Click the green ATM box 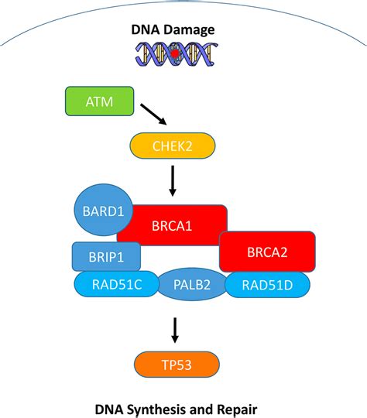point(99,101)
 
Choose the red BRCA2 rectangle point(267,252)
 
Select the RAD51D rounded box point(267,285)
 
